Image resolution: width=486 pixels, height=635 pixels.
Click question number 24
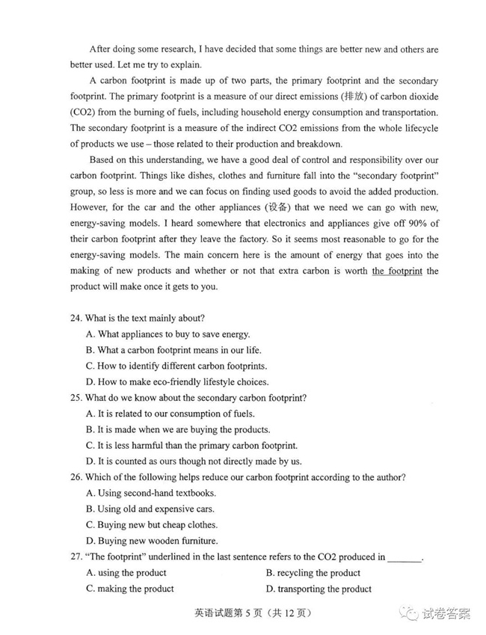tap(76, 318)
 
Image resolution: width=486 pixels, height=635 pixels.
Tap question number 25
tap(76, 398)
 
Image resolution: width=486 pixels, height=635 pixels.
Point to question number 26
tap(76, 477)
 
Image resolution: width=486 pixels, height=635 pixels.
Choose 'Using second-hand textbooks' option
tap(156, 493)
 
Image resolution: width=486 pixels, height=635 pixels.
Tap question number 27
tap(76, 557)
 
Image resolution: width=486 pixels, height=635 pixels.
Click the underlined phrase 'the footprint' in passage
tap(396, 271)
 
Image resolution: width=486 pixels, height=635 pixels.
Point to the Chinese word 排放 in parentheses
tap(331, 96)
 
